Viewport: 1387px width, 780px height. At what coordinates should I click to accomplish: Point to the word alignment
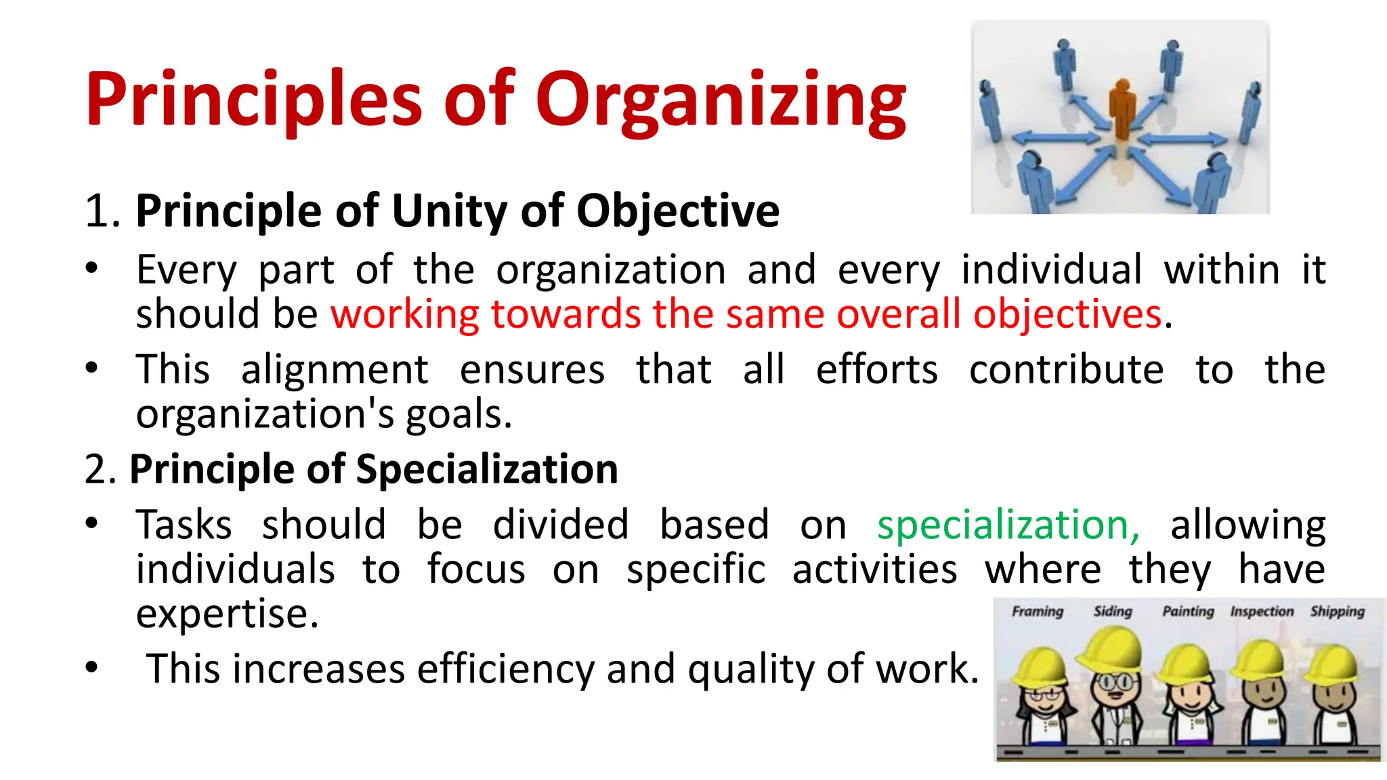pos(335,370)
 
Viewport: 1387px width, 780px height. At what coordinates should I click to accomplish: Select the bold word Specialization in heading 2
pos(486,469)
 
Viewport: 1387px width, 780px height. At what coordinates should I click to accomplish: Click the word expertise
pos(226,613)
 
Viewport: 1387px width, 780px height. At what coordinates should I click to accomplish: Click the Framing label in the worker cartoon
pos(1037,611)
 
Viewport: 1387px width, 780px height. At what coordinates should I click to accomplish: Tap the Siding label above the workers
pos(1113,611)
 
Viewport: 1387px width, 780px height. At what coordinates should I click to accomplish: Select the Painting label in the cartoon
pos(1188,611)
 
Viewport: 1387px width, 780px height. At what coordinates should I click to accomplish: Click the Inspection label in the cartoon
pos(1262,611)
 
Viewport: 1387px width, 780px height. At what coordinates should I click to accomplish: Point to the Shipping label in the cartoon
pos(1337,611)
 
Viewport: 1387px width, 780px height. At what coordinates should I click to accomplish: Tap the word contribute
pos(1066,370)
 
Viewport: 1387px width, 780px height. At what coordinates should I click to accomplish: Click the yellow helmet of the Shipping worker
pos(1332,664)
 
